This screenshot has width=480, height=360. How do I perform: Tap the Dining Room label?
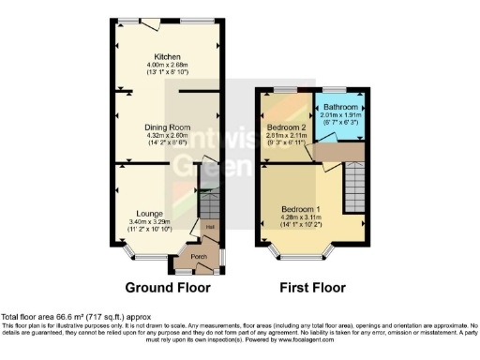click(167, 127)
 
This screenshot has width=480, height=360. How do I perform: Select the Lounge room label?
click(148, 213)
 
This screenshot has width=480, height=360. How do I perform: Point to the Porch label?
click(199, 256)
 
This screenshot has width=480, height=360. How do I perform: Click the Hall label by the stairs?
click(211, 226)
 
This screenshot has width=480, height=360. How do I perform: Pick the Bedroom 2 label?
click(287, 127)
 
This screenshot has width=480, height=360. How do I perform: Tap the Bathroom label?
click(340, 108)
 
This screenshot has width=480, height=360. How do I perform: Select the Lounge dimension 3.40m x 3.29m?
click(148, 222)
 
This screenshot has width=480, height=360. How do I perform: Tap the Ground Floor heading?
click(168, 287)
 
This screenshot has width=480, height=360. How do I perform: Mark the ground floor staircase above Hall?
click(211, 203)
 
